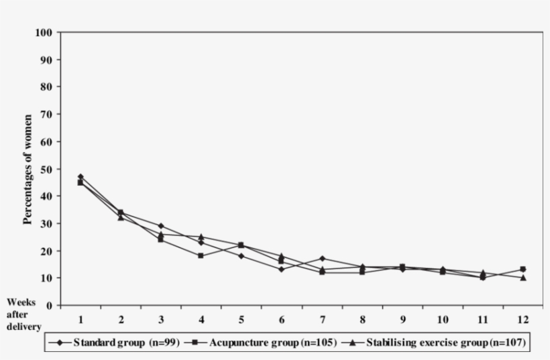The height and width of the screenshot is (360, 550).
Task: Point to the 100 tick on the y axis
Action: [x=44, y=32]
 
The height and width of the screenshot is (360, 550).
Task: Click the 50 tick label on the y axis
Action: [x=46, y=169]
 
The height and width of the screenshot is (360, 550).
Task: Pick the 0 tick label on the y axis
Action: [x=49, y=306]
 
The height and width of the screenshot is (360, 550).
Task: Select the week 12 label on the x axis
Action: [x=523, y=318]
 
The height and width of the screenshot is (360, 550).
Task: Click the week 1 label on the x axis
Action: [x=80, y=318]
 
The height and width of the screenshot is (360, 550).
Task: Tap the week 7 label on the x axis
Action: [x=323, y=318]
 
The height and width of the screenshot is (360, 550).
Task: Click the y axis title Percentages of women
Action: [x=28, y=168]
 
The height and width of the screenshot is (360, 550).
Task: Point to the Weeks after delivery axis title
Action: [x=22, y=314]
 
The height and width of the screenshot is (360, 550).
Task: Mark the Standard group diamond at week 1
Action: [x=80, y=177]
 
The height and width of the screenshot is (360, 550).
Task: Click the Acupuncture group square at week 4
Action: [x=201, y=255]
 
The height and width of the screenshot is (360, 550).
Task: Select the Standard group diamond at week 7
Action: [x=323, y=259]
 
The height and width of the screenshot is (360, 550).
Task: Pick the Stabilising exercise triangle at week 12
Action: [x=523, y=278]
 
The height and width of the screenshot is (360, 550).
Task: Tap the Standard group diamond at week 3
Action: [x=161, y=226]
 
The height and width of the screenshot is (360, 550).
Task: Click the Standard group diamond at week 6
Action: [x=282, y=269]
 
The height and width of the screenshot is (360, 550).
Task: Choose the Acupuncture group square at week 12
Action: [x=523, y=269]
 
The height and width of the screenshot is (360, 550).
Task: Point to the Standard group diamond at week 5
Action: [x=241, y=256]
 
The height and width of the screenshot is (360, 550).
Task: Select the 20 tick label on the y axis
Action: [x=46, y=251]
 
